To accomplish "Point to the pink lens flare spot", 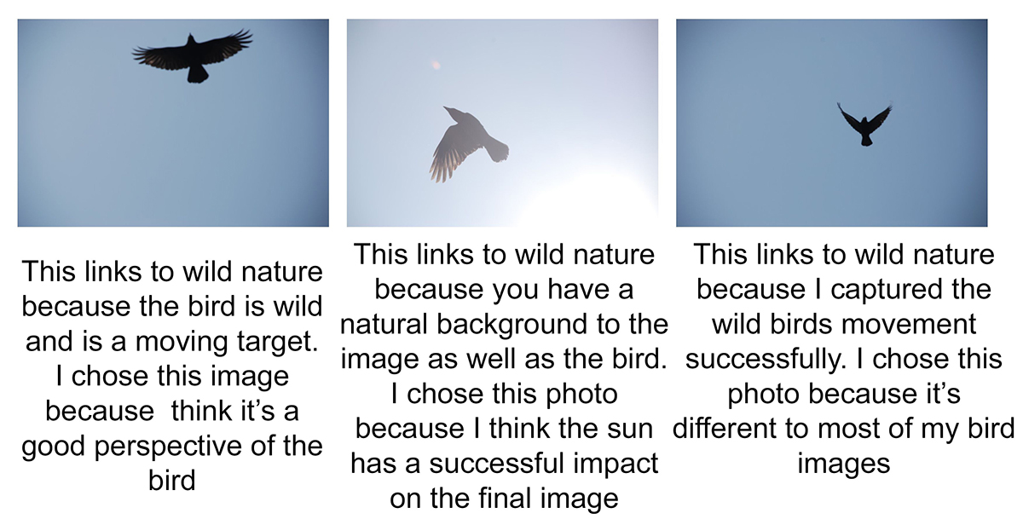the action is click(x=436, y=66).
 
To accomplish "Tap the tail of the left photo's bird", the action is click(x=197, y=74).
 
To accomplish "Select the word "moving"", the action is click(x=182, y=342).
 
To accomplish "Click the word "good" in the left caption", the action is click(x=54, y=446).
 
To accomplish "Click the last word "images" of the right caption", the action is click(x=844, y=464).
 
